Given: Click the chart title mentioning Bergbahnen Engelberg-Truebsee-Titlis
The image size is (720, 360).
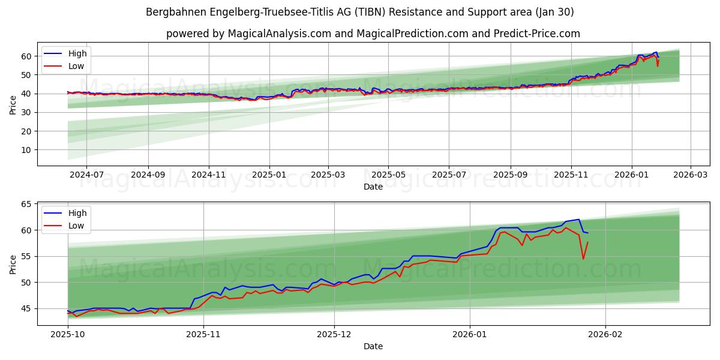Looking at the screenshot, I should click(x=360, y=12).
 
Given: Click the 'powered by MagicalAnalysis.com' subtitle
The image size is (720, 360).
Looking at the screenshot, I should click(x=373, y=34).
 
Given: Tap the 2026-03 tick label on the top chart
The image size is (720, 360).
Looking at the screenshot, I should click(x=690, y=175).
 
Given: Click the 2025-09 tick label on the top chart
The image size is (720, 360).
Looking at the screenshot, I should click(x=511, y=175).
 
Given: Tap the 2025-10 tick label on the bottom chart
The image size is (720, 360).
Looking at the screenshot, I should click(x=67, y=334).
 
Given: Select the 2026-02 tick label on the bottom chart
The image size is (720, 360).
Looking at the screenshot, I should click(x=605, y=334).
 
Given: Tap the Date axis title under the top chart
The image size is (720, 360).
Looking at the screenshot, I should click(x=373, y=187).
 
